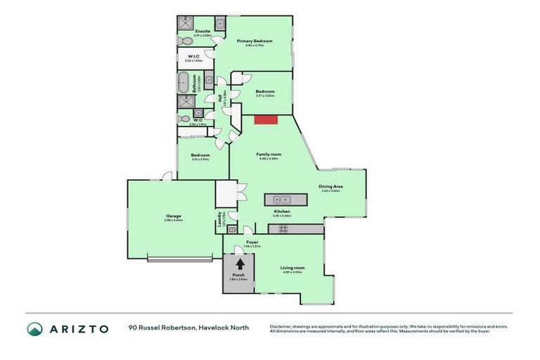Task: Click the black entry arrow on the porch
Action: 240,264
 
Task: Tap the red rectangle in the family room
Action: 266,120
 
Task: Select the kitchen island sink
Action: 282,199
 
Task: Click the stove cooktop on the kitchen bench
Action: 283,229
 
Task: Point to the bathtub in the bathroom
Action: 184,83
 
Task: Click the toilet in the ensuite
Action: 219,24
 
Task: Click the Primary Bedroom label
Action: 254,41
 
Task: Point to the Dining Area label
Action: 330,186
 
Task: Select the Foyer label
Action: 252,242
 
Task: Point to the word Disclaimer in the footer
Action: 281,327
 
